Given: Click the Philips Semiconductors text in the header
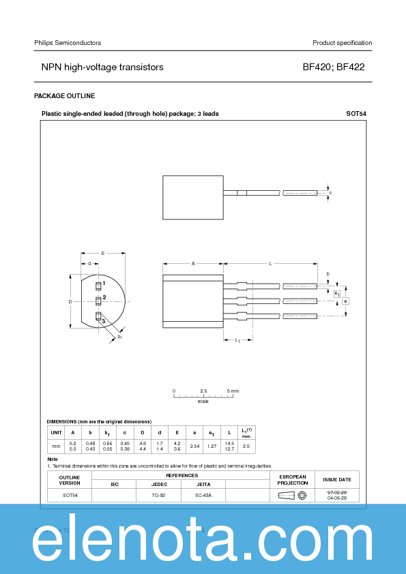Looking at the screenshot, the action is tap(68, 43).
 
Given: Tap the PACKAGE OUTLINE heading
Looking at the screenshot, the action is tap(65, 96).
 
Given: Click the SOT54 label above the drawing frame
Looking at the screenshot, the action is tap(356, 113).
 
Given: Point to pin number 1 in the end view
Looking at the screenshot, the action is tap(104, 282).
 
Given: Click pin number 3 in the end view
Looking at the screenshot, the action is tap(104, 320).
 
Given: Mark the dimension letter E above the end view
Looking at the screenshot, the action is tap(102, 253).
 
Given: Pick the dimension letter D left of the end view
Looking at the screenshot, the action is tap(70, 301).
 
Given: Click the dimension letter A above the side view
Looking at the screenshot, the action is tap(193, 263).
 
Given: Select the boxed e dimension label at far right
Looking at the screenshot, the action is tap(346, 301).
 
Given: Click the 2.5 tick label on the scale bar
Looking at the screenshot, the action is tap(203, 391).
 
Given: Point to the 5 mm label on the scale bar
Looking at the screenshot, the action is tap(233, 391).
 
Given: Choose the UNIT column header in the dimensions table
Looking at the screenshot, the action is tap(57, 432).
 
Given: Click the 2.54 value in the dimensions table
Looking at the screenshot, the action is tap(194, 446).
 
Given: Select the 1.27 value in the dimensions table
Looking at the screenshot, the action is tap(212, 446).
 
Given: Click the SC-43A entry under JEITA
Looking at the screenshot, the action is tap(203, 495).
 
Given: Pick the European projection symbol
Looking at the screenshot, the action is tap(293, 495).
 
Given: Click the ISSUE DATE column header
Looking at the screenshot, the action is tap(337, 479).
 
